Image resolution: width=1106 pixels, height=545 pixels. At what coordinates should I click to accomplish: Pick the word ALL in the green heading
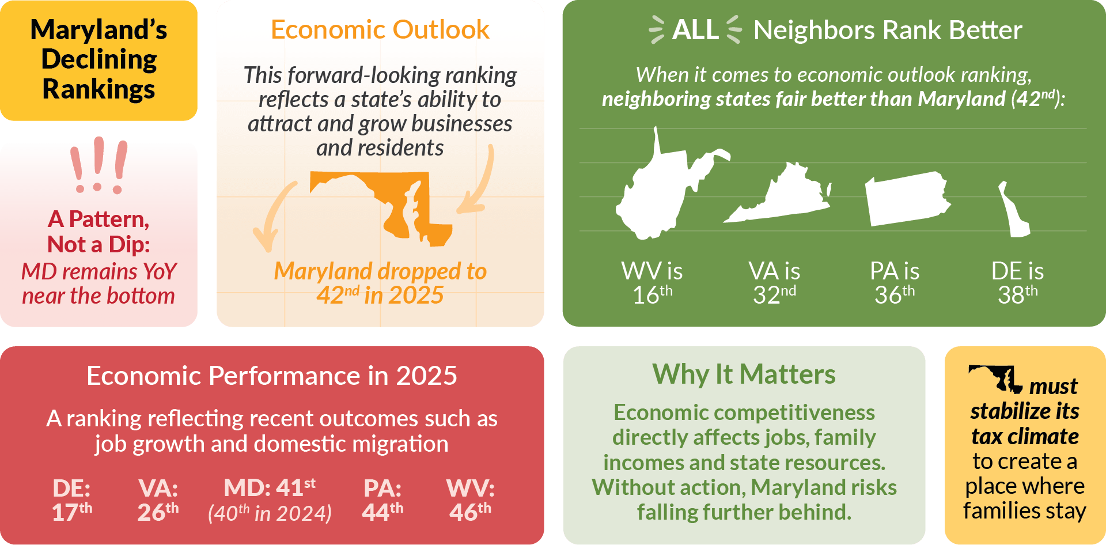click(695, 30)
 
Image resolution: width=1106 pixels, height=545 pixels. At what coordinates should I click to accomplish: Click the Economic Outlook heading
click(380, 30)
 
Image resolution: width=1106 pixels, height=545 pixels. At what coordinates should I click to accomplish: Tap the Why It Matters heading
click(744, 374)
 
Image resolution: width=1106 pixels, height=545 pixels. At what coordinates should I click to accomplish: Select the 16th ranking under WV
click(652, 295)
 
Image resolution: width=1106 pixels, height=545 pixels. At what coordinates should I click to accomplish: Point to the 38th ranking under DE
click(1017, 295)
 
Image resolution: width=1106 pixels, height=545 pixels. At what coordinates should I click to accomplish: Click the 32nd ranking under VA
click(774, 295)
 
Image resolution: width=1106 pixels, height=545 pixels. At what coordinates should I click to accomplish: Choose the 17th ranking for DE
click(71, 512)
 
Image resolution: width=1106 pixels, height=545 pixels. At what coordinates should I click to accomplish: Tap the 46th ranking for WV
click(470, 512)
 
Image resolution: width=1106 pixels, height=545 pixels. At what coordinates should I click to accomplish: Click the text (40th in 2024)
click(270, 513)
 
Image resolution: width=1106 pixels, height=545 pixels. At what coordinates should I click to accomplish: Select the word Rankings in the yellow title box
click(99, 89)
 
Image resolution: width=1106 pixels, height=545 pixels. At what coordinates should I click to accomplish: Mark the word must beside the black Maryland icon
click(1053, 386)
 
